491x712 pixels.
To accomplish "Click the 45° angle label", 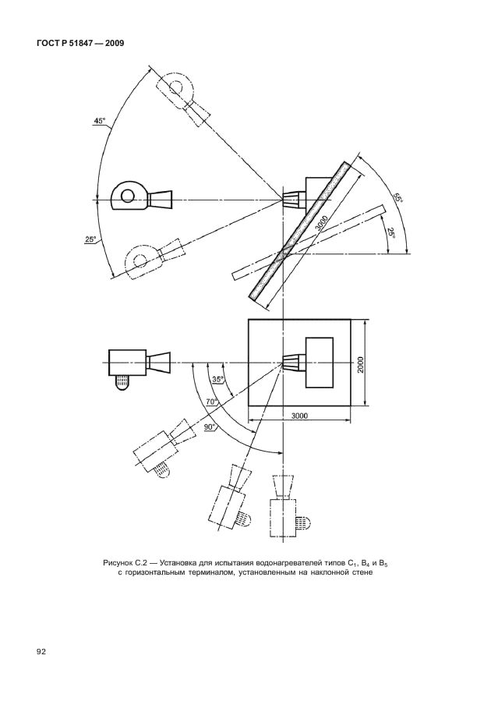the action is tap(100, 121).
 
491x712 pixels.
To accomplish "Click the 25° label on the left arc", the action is tap(90, 239).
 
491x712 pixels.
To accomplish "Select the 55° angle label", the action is tap(398, 199).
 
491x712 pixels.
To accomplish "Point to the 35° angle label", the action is tap(218, 380).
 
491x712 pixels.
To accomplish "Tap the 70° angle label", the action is tap(212, 402).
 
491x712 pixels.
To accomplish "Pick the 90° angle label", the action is tap(209, 427).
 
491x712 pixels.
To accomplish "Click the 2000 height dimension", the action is tap(360, 363).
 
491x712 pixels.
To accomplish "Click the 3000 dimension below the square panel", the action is tap(299, 416).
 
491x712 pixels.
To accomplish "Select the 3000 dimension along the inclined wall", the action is tap(322, 224).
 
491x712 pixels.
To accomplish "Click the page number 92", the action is tap(41, 652).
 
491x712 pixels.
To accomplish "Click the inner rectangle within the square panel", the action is tap(320, 363).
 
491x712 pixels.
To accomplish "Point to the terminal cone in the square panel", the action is tap(291, 363).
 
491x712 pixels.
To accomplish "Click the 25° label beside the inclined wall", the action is tap(390, 235).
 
